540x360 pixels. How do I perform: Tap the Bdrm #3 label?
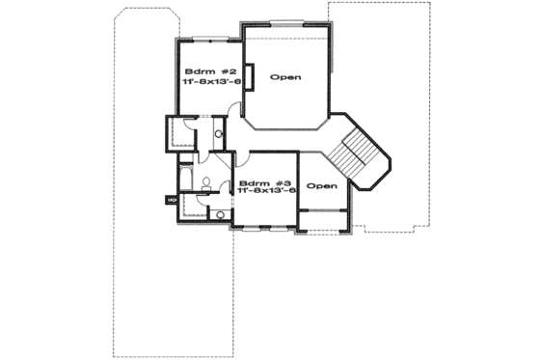coord(264,181)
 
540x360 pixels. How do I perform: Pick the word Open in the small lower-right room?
coord(322,185)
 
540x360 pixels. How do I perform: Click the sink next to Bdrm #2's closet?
coord(219,134)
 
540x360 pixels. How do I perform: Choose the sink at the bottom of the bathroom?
coord(220,213)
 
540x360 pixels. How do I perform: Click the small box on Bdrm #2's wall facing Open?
coord(247,76)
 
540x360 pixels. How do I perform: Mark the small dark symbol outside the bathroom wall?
coord(171,200)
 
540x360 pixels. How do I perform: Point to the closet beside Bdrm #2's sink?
coord(180,132)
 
